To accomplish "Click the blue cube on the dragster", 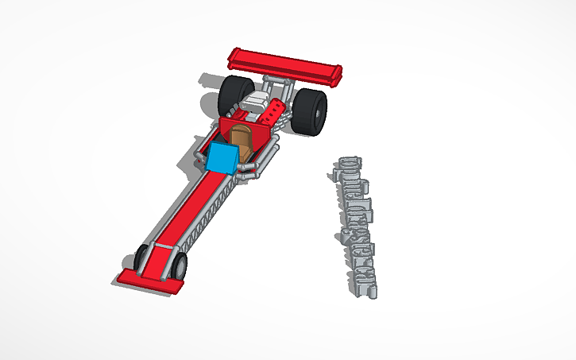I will click(222, 157).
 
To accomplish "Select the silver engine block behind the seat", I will click(256, 102).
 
